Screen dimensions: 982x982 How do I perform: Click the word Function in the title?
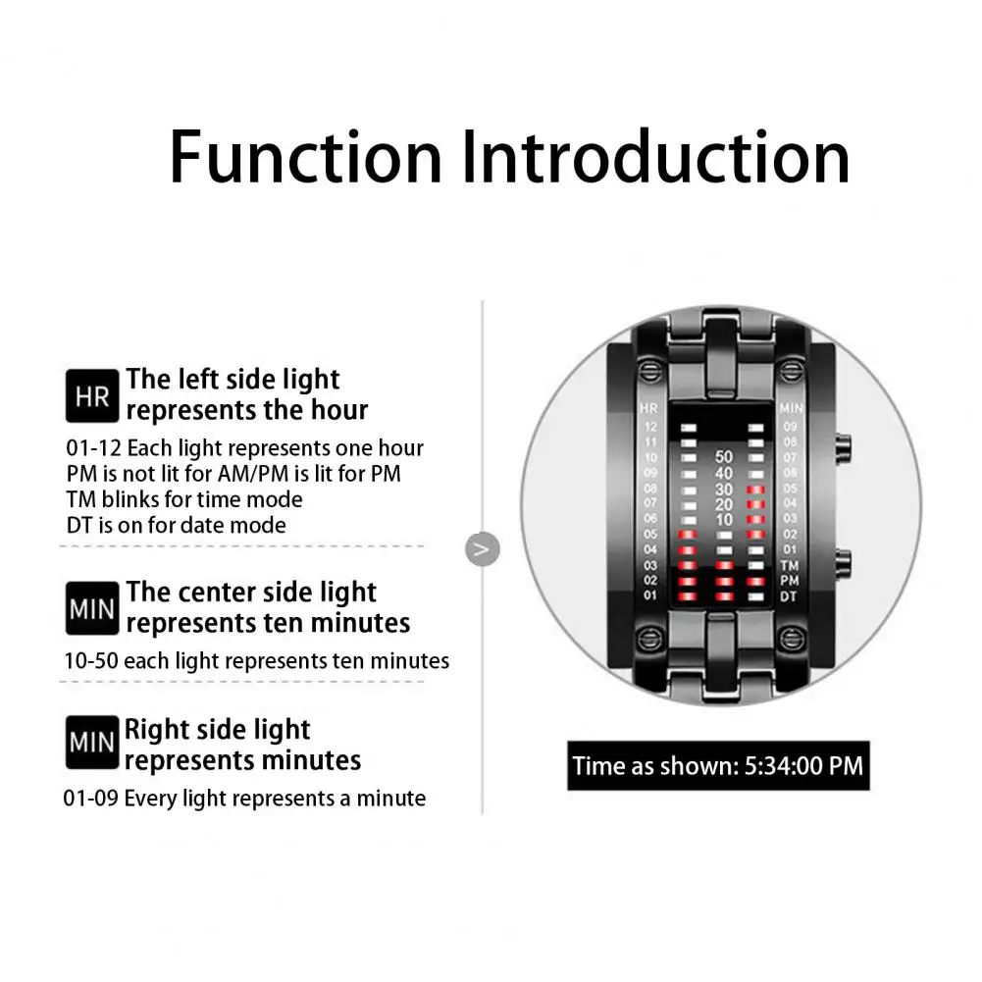[x=306, y=157]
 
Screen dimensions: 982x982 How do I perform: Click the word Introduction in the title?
[x=655, y=157]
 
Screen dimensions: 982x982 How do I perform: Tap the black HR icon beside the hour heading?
[x=92, y=395]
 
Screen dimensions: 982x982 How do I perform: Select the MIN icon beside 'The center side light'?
[x=92, y=608]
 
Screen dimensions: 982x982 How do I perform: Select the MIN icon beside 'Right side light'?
[x=92, y=744]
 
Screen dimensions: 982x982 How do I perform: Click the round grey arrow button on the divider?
[x=481, y=549]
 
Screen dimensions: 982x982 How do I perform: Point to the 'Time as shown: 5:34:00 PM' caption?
[x=718, y=765]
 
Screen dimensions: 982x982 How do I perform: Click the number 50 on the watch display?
[x=724, y=456]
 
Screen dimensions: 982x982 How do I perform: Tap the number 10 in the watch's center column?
[x=724, y=519]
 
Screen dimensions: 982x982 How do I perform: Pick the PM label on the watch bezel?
[x=789, y=581]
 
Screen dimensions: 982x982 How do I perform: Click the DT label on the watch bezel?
[x=789, y=595]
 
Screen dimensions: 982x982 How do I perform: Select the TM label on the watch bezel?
[x=789, y=566]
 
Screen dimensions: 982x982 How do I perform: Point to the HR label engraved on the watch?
[x=648, y=408]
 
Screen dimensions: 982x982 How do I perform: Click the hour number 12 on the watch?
[x=648, y=426]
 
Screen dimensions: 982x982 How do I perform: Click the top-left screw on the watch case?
[x=648, y=372]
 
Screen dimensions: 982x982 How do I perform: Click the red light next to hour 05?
[x=688, y=535]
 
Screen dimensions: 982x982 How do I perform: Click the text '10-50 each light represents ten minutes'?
[x=257, y=661]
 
